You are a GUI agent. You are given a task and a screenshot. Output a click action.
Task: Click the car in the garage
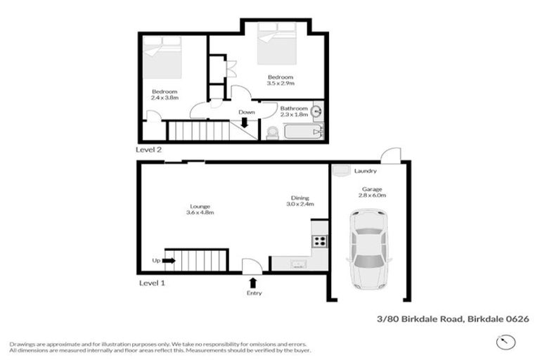[368, 251]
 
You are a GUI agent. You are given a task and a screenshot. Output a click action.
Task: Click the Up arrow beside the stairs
[169, 260]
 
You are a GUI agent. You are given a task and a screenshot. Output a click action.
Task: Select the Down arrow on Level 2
[245, 122]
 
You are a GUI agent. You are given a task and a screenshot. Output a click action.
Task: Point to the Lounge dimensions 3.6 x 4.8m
[200, 212]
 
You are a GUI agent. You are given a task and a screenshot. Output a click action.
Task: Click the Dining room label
[300, 198]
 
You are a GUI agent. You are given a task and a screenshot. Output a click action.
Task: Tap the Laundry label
[366, 171]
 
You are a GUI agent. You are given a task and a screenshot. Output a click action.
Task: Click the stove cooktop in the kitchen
[319, 240]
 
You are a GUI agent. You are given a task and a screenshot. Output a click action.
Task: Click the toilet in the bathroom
[271, 132]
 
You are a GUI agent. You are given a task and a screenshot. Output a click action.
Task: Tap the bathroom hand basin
[317, 110]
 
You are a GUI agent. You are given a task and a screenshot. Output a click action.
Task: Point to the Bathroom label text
[294, 108]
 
